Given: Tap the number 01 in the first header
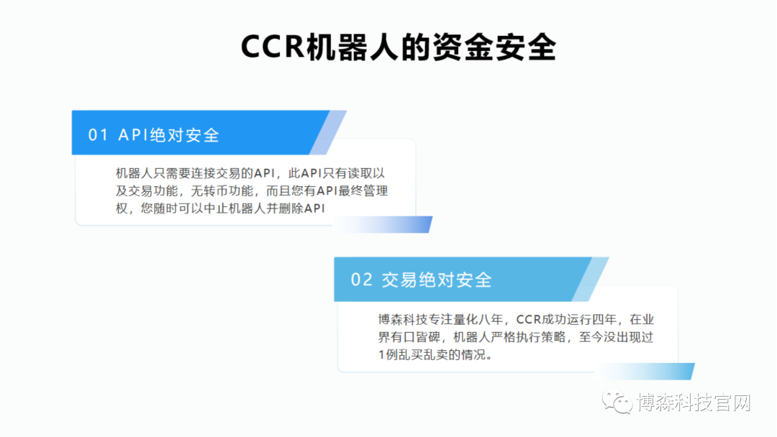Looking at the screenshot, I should (98, 135).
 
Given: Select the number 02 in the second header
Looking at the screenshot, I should (361, 280).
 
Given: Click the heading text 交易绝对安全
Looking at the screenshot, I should (437, 280).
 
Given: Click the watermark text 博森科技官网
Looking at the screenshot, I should (694, 402).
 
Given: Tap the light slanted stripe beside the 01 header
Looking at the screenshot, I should (329, 132).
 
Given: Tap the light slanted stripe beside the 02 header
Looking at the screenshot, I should (591, 279).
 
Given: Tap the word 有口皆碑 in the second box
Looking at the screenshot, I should (419, 337).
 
